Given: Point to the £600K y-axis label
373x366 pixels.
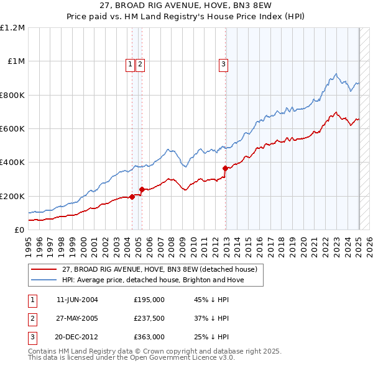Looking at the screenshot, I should pyautogui.click(x=12, y=129).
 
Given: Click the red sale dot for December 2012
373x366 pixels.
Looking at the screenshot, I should pyautogui.click(x=225, y=168).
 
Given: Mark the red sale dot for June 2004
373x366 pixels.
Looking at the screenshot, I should pyautogui.click(x=132, y=197).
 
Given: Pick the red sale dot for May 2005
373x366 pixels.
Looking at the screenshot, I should pyautogui.click(x=142, y=189).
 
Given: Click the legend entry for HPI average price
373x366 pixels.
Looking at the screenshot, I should pyautogui.click(x=152, y=280).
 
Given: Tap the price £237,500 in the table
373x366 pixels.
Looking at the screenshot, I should pyautogui.click(x=149, y=318).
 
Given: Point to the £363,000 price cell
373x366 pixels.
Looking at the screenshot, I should pyautogui.click(x=149, y=337).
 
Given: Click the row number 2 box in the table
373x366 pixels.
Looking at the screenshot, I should pyautogui.click(x=32, y=318).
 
